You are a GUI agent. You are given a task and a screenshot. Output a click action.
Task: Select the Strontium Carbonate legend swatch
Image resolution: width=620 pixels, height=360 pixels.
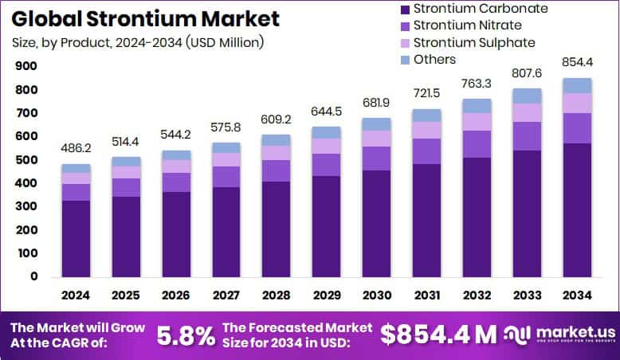click(404, 9)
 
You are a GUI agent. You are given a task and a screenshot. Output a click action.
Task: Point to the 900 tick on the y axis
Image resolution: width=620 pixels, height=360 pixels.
click(26, 67)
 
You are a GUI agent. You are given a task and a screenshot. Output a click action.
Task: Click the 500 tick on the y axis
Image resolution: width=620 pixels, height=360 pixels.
click(26, 161)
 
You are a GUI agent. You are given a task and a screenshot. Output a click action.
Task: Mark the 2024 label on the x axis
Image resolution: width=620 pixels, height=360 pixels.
click(76, 295)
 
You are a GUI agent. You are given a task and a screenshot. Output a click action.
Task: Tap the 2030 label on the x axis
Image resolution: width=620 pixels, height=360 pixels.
click(376, 295)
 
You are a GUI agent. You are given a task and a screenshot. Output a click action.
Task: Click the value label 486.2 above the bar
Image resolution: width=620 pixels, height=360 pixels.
click(76, 148)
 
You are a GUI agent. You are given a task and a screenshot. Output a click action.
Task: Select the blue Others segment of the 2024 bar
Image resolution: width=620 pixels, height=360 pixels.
click(76, 168)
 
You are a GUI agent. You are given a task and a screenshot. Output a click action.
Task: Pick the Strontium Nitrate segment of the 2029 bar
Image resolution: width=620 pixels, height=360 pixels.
click(326, 164)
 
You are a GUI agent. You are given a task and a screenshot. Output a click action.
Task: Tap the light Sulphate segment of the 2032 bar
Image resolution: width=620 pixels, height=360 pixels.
click(476, 121)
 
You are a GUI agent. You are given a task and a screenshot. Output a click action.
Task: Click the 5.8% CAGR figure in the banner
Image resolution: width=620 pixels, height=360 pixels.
click(186, 335)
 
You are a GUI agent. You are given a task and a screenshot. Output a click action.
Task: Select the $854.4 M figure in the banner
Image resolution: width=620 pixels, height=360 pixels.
click(438, 335)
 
